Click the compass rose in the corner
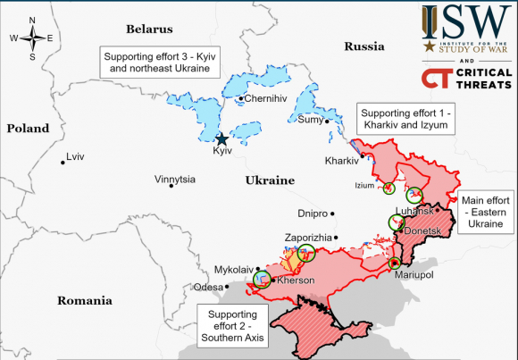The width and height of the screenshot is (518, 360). click(x=31, y=38)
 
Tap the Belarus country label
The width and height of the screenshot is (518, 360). click(x=149, y=29)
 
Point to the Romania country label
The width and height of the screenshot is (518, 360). click(x=83, y=300)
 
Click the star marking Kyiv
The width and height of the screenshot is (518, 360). click(x=221, y=138)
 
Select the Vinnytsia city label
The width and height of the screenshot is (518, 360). click(x=174, y=180)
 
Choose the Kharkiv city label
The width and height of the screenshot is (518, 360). click(x=341, y=162)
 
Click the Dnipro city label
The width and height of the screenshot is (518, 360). click(x=313, y=214)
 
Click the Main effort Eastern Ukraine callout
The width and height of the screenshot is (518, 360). click(x=486, y=213)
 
